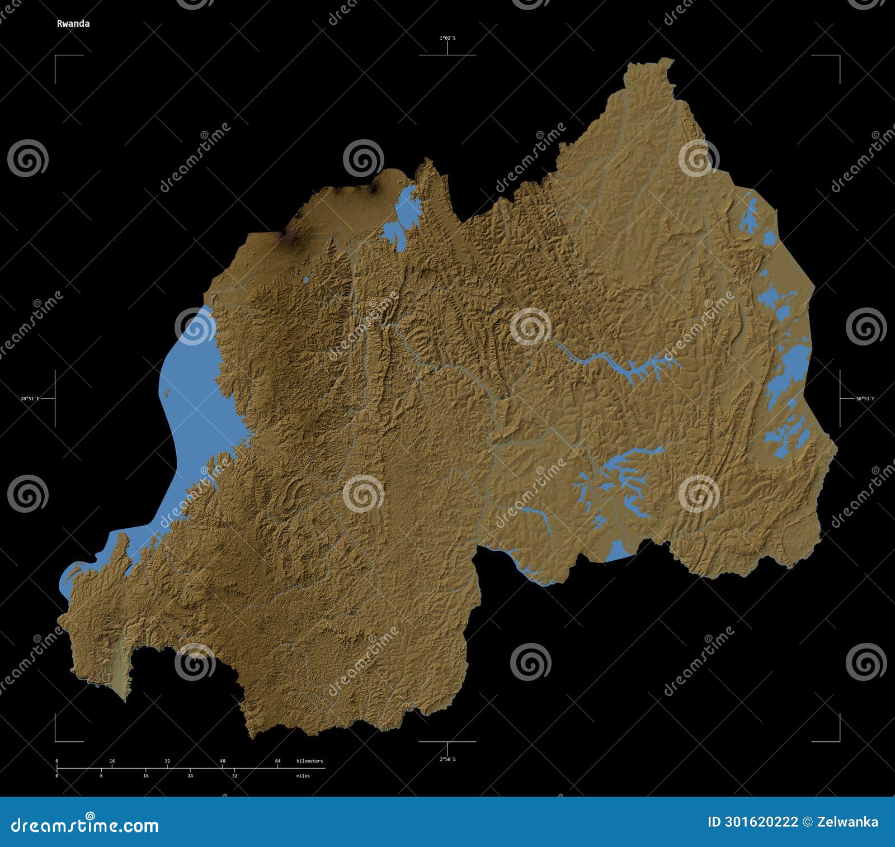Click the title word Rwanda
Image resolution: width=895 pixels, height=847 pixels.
73,23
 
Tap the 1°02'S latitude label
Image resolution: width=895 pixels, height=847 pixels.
447,38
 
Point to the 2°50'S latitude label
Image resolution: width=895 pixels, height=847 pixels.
447,759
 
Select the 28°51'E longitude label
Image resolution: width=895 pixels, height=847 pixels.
30,399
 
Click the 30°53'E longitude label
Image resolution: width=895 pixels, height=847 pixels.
865,399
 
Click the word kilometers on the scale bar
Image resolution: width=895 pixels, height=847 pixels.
309,761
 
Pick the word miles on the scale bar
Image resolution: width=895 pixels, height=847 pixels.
303,775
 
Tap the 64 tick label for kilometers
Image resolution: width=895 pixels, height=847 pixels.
277,761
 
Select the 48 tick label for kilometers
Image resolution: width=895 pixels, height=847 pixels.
222,761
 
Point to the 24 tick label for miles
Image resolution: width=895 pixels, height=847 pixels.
190,775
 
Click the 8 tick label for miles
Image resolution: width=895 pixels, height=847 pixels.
101,775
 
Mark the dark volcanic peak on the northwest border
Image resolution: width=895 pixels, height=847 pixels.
290,238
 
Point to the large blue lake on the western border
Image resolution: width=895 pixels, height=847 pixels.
193,403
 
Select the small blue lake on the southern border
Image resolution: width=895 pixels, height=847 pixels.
618,550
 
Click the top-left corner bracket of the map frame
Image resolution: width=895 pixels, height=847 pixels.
56,56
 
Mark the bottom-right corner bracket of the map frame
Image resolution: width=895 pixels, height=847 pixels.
839,741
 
